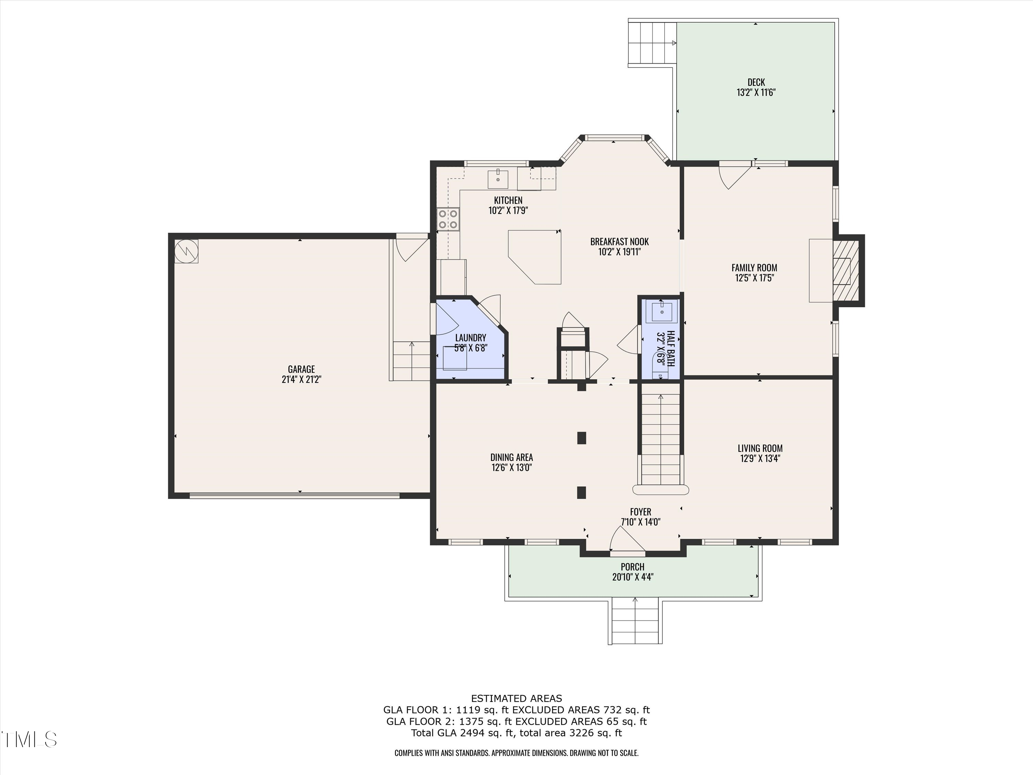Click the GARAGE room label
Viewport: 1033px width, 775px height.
(301, 369)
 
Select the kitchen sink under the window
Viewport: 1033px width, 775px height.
(498, 178)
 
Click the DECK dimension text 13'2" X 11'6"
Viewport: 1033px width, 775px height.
(756, 93)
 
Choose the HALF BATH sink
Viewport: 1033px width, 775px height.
(662, 311)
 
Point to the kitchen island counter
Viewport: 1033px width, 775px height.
(535, 257)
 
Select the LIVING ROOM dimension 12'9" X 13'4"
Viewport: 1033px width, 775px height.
(760, 458)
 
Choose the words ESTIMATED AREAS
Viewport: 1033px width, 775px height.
(516, 699)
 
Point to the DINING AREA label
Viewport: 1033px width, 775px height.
(511, 457)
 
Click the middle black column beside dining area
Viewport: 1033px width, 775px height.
(582, 438)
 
